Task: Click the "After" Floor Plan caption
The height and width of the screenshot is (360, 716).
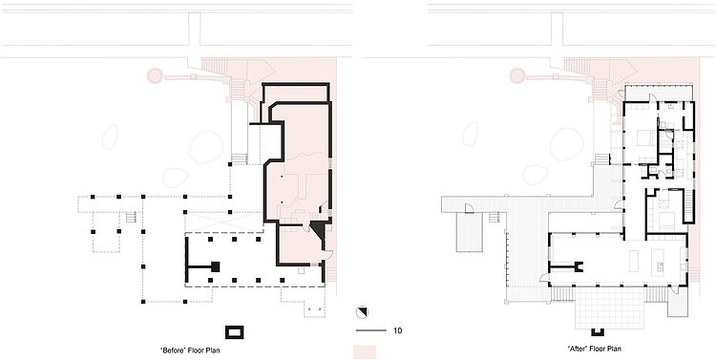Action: pos(594,349)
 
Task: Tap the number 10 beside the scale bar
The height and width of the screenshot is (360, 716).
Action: pos(398,330)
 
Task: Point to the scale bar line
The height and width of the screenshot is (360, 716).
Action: pos(371,330)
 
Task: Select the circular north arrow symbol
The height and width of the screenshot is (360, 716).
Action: pos(362,312)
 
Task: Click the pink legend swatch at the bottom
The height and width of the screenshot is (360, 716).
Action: pos(365,352)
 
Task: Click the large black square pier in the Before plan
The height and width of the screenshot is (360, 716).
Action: pos(215,266)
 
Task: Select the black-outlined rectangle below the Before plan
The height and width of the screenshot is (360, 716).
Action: pos(234,332)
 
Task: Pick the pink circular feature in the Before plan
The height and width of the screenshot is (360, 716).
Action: pos(155,75)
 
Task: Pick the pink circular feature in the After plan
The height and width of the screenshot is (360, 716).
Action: pos(517,75)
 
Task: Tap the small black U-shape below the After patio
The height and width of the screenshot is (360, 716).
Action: pos(597,332)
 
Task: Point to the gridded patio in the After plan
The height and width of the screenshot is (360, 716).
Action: pos(609,307)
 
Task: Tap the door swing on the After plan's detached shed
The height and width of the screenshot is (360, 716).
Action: pos(469,208)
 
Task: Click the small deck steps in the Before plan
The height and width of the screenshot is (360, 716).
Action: pos(131,217)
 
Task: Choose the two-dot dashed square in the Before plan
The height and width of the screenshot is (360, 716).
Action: pos(314,309)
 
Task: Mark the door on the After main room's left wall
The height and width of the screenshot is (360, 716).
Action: pos(544,277)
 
